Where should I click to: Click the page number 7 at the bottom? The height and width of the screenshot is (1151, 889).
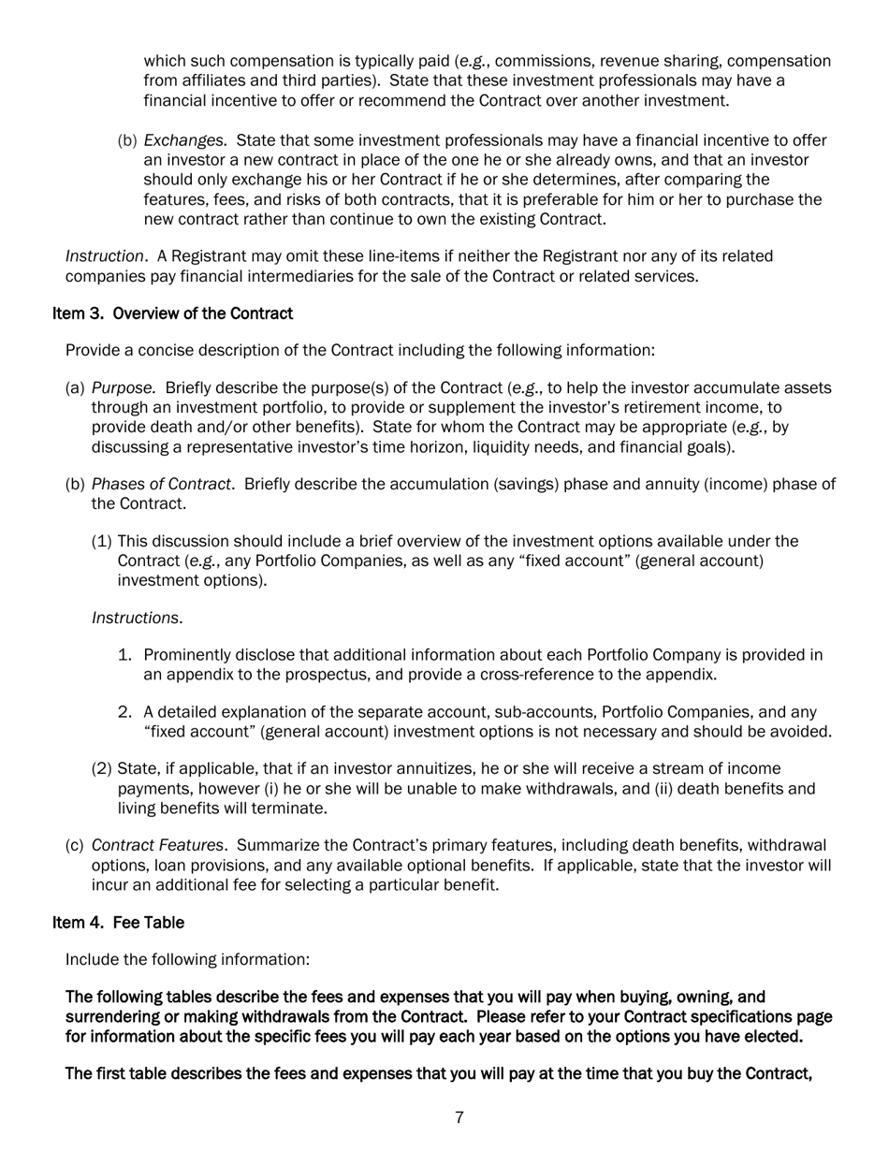click(x=459, y=1117)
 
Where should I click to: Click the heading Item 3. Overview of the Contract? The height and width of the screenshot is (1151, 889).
click(x=172, y=313)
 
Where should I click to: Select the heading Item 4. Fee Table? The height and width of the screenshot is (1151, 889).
click(x=118, y=923)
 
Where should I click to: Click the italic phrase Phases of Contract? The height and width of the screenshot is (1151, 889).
click(x=162, y=484)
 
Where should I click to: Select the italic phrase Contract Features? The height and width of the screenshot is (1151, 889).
click(x=157, y=846)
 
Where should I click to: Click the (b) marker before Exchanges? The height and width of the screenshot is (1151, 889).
click(x=127, y=140)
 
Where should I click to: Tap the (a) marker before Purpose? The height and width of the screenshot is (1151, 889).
click(x=75, y=388)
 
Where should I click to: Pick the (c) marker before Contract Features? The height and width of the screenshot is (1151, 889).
click(x=75, y=846)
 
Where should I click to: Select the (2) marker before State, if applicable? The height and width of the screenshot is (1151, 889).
click(x=102, y=769)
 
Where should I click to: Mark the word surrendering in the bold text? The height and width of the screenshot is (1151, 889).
click(x=110, y=1016)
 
